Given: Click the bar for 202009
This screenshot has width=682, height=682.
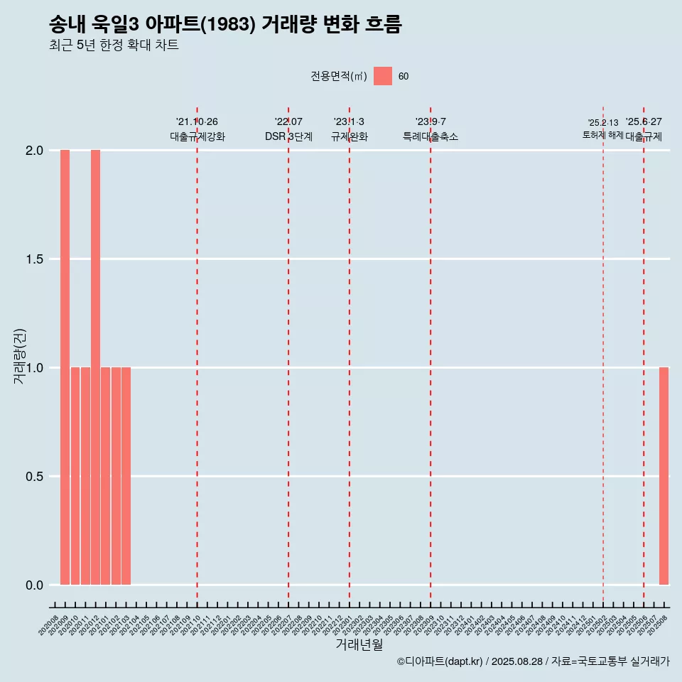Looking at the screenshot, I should [65, 367].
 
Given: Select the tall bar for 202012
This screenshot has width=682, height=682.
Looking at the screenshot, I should [95, 367].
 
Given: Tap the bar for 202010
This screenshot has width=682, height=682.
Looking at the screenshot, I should [75, 476].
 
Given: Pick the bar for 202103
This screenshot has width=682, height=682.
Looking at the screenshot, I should [126, 476].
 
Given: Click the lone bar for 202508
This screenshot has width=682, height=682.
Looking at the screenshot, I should [664, 476].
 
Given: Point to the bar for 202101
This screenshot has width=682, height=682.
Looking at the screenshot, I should [105, 476].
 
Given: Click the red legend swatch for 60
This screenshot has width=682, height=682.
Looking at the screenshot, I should [383, 76].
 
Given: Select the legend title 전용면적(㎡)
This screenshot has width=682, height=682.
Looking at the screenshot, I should [339, 77].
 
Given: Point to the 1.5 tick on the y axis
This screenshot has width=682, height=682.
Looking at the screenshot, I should [33, 259].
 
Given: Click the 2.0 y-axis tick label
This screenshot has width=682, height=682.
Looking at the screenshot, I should [33, 151].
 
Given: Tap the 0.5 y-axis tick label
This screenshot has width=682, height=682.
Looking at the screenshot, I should [33, 477].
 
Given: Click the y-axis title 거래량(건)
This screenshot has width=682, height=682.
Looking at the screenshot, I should [20, 355].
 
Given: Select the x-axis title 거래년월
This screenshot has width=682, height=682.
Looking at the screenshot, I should [359, 645].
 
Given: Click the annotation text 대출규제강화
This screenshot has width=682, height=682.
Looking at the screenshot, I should [197, 136].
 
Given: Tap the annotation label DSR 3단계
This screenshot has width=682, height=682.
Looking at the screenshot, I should [288, 136].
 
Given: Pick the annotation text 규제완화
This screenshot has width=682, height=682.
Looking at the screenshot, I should [350, 136].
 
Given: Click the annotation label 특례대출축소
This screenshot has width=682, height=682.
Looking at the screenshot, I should [431, 136].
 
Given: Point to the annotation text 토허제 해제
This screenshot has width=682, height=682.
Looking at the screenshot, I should [602, 135].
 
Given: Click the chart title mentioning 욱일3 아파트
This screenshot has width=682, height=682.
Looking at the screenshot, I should [225, 25].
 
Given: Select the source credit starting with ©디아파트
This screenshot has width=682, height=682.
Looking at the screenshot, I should [533, 661].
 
